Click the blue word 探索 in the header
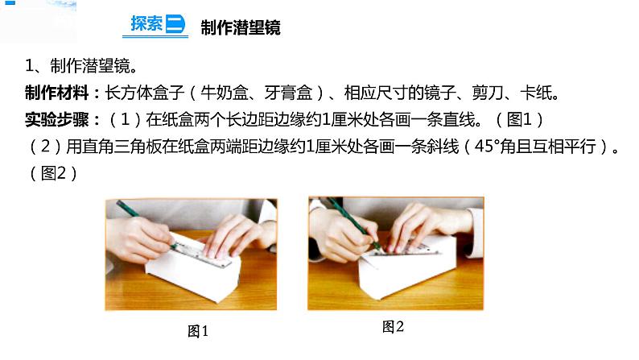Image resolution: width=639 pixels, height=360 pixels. click(x=146, y=23)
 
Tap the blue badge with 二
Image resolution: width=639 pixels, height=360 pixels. click(x=175, y=24)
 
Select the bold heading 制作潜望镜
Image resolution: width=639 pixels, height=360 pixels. click(x=241, y=27)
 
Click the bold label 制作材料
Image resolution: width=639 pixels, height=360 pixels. click(x=56, y=93)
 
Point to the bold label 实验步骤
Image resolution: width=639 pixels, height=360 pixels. click(x=56, y=119)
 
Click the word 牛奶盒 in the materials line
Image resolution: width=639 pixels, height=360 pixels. click(x=225, y=93)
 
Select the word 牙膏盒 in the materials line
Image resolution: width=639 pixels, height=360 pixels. click(x=289, y=93)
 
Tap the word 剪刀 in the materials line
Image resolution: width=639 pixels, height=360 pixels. click(x=488, y=93)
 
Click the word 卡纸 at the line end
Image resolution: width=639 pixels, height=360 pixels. click(x=535, y=93)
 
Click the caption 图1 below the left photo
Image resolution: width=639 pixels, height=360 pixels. click(x=198, y=331)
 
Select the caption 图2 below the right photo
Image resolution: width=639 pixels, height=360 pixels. click(x=393, y=326)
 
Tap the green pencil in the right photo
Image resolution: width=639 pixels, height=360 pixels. click(x=354, y=222)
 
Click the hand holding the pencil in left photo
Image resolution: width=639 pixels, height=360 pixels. click(x=138, y=239)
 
